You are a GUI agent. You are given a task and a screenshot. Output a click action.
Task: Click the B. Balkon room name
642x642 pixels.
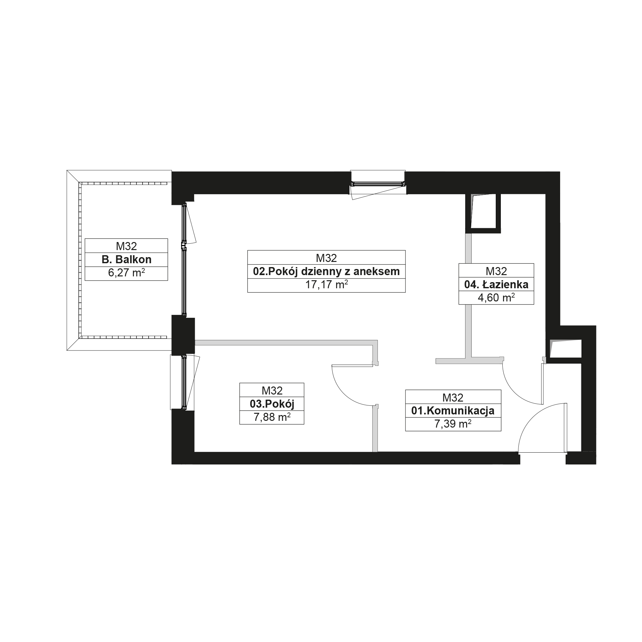(126, 259)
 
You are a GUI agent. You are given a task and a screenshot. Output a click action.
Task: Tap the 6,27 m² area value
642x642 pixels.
(126, 273)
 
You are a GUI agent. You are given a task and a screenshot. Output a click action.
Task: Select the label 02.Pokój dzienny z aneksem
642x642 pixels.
(326, 272)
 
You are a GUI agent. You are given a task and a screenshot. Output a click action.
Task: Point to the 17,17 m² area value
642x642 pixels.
(326, 285)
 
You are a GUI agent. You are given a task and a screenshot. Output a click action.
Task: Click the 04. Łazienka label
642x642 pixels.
(496, 284)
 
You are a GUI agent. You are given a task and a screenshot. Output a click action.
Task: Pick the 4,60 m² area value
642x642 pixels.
(496, 298)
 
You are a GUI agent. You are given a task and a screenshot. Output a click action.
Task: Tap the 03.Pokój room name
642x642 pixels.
(272, 404)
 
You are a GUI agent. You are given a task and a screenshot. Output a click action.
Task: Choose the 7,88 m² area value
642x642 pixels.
(272, 417)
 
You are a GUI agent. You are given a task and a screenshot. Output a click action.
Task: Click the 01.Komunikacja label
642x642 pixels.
(453, 411)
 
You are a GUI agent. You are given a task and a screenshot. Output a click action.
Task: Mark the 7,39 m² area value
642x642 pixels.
(453, 424)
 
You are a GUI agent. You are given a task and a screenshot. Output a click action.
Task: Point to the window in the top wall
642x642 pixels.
(378, 183)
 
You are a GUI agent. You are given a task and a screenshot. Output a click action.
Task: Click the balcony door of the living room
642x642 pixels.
(184, 259)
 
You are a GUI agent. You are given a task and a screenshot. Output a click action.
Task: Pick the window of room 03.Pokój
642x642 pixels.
(184, 382)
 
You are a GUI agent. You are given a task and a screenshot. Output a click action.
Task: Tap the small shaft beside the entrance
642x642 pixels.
(565, 349)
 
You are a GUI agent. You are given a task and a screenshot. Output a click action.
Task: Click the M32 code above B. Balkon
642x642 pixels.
(126, 246)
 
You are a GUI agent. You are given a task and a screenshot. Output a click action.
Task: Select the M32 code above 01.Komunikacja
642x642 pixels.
(453, 397)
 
